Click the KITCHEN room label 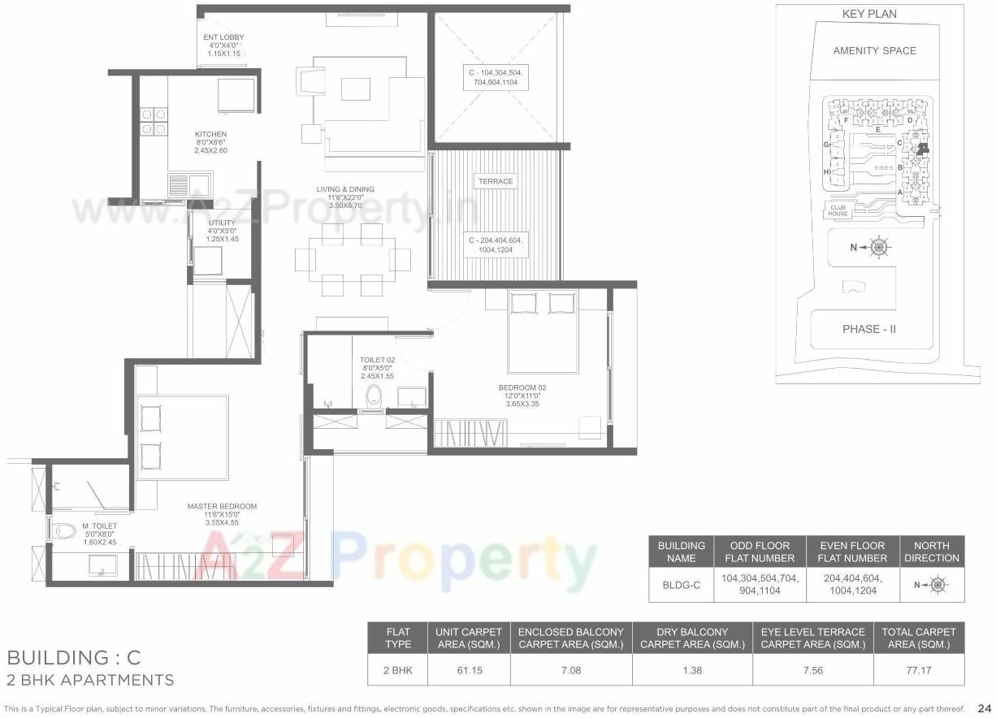point(210,134)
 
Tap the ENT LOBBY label point(223,37)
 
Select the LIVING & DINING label point(345,189)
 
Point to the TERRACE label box point(496,181)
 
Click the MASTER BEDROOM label point(222,506)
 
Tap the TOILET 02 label point(377,360)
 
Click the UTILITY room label point(222,223)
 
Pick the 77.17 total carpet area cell point(919,671)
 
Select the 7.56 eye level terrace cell point(812,671)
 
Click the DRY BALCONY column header point(692,638)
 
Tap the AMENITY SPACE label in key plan point(874,50)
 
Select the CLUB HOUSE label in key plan point(839,210)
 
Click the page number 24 point(985,708)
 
